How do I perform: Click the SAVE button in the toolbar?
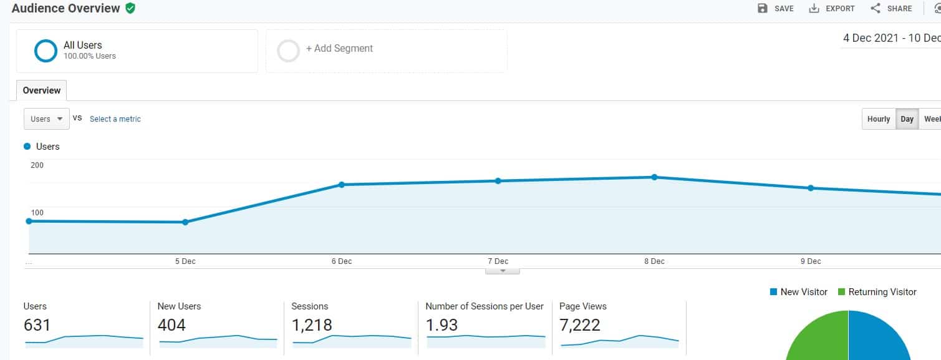(775, 9)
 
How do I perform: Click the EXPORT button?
(832, 9)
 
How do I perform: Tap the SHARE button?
(891, 9)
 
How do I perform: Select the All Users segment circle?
(46, 51)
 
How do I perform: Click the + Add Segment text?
(339, 49)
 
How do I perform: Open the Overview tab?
(42, 90)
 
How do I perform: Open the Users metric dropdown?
(47, 119)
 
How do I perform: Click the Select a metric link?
(115, 119)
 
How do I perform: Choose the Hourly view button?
(878, 119)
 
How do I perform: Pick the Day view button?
(907, 119)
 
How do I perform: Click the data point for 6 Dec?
(342, 185)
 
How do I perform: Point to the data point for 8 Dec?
(654, 177)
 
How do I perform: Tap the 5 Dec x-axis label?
(185, 261)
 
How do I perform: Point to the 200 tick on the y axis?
(37, 165)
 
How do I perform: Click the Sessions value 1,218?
(312, 325)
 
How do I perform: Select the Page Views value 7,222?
(580, 325)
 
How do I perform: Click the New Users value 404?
(171, 325)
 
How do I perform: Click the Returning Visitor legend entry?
(877, 292)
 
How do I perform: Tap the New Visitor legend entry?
(799, 292)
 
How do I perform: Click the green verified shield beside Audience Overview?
(130, 8)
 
